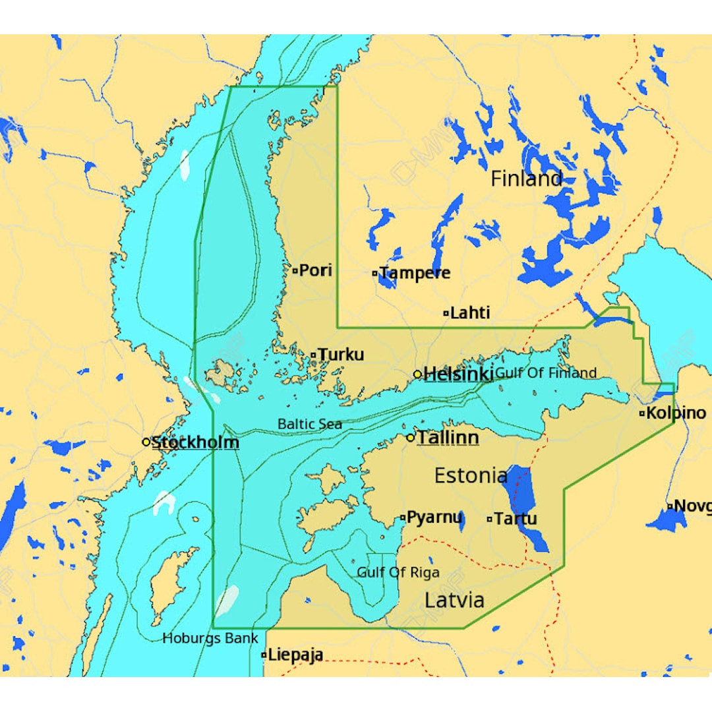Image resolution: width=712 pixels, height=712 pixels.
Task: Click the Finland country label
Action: coord(527,179)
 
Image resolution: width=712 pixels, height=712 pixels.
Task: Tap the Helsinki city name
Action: coord(458,374)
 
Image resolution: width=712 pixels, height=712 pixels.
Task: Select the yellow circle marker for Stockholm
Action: coord(146,442)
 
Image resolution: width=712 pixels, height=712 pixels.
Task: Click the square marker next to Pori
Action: coord(295,270)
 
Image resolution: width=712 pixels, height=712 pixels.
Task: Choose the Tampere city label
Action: coord(415,273)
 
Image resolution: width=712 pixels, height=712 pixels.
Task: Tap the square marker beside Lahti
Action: coord(446,313)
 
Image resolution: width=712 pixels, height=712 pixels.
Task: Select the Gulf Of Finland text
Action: coord(546,373)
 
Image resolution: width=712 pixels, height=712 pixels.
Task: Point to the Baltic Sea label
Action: coord(310,424)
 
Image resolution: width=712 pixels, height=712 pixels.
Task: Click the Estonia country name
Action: coord(471,475)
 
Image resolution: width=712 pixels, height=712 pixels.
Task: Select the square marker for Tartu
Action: coord(490,519)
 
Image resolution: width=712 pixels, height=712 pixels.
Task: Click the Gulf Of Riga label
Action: coord(398,572)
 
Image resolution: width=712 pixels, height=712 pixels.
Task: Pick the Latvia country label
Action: coord(454,600)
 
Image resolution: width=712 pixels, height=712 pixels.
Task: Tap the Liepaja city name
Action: coord(296,655)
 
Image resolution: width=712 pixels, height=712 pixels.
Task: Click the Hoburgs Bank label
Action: coord(210,638)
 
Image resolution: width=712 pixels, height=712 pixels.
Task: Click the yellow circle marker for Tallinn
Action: coord(410,438)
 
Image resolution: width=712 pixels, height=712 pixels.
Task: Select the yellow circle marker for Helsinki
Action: coord(417,374)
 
